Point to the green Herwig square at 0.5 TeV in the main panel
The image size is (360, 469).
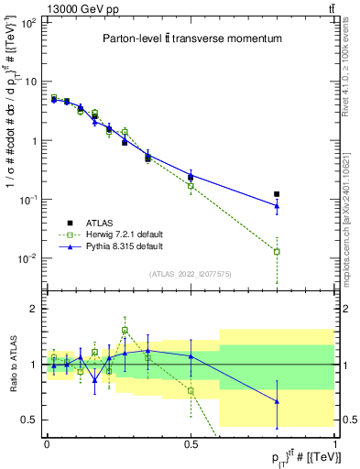[x=191, y=185]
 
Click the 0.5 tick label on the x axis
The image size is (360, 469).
[x=191, y=443]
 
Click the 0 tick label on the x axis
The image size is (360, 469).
[x=47, y=443]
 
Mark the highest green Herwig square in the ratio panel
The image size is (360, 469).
[x=125, y=330]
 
